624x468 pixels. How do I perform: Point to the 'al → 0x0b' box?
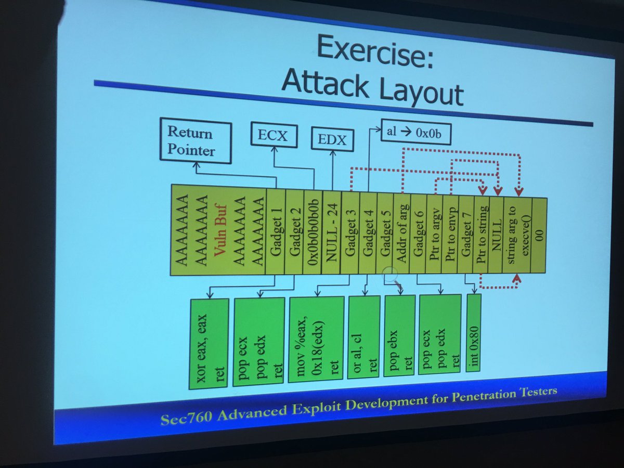click(415, 133)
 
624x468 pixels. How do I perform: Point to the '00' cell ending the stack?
click(538, 235)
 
